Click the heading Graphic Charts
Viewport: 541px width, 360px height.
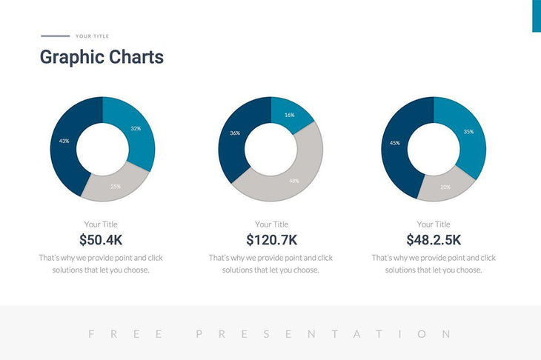(102, 57)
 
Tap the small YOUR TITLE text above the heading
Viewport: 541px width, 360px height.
(92, 36)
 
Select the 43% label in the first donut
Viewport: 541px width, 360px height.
(64, 141)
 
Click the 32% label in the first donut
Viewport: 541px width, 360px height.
(136, 128)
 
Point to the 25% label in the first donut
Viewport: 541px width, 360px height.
(116, 186)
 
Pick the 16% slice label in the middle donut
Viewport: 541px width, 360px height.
(289, 115)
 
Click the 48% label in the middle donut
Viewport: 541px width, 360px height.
(293, 181)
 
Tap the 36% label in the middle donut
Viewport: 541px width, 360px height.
(235, 133)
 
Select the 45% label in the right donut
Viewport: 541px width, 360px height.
(395, 143)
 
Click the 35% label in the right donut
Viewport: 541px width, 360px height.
(468, 132)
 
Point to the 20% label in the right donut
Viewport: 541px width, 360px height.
(445, 187)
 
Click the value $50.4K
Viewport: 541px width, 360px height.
(101, 240)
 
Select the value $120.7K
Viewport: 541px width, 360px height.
(271, 240)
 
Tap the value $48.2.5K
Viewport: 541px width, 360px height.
(434, 240)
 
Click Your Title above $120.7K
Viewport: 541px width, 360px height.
(271, 224)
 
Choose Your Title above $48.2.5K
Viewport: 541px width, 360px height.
(434, 224)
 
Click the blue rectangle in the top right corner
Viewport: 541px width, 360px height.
(536, 16)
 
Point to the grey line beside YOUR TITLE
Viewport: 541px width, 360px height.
(55, 36)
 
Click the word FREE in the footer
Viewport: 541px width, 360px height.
(126, 334)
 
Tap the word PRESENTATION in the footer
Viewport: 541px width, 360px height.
(324, 334)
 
